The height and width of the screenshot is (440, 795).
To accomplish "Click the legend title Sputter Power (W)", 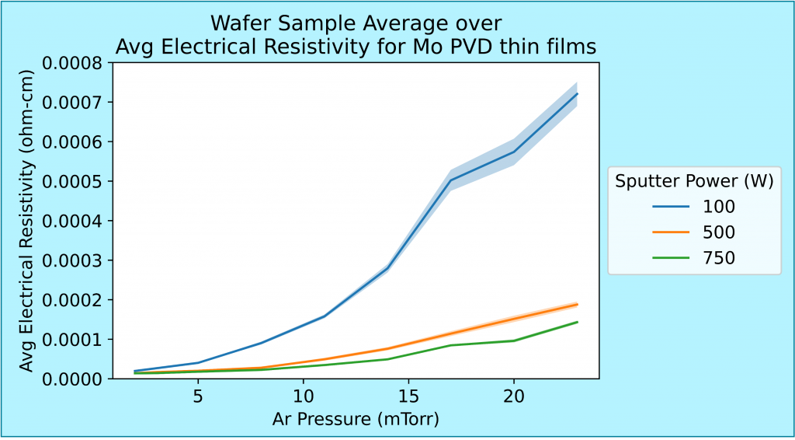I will [694, 181].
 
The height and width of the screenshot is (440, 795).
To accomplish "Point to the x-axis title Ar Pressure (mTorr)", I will [356, 420].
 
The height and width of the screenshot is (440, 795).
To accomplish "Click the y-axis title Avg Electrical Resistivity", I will [27, 221].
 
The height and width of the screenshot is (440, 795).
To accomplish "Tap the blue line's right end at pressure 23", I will [577, 94].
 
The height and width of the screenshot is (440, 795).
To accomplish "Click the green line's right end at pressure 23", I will [577, 322].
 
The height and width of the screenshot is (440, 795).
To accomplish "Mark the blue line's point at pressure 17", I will [450, 180].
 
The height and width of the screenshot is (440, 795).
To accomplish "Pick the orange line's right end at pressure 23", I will [577, 304].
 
